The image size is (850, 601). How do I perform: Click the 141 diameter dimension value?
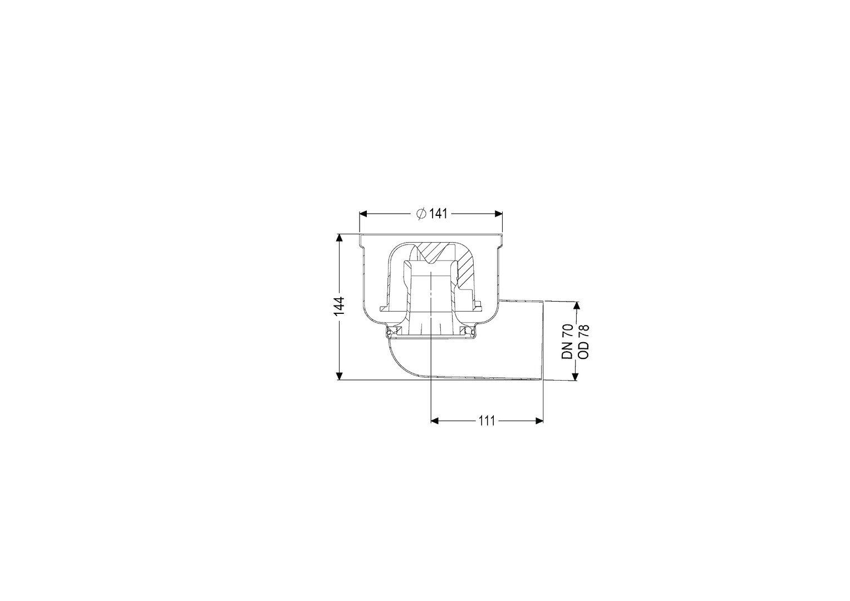pyautogui.click(x=438, y=214)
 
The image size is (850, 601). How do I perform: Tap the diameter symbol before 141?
pyautogui.click(x=421, y=214)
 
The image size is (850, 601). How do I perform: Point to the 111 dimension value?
pyautogui.click(x=487, y=421)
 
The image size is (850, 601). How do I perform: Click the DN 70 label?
pyautogui.click(x=567, y=341)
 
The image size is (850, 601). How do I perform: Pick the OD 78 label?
pyautogui.click(x=583, y=341)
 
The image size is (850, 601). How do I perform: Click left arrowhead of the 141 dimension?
pyautogui.click(x=363, y=214)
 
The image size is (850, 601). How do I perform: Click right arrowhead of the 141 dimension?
pyautogui.click(x=498, y=214)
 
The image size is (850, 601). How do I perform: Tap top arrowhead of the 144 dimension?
pyautogui.click(x=340, y=238)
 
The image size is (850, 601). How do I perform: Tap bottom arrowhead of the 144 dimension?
pyautogui.click(x=340, y=376)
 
